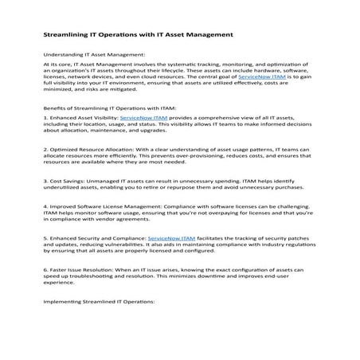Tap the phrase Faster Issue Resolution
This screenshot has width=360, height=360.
[x=80, y=270]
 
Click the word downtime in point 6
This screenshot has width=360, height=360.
[x=236, y=276]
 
